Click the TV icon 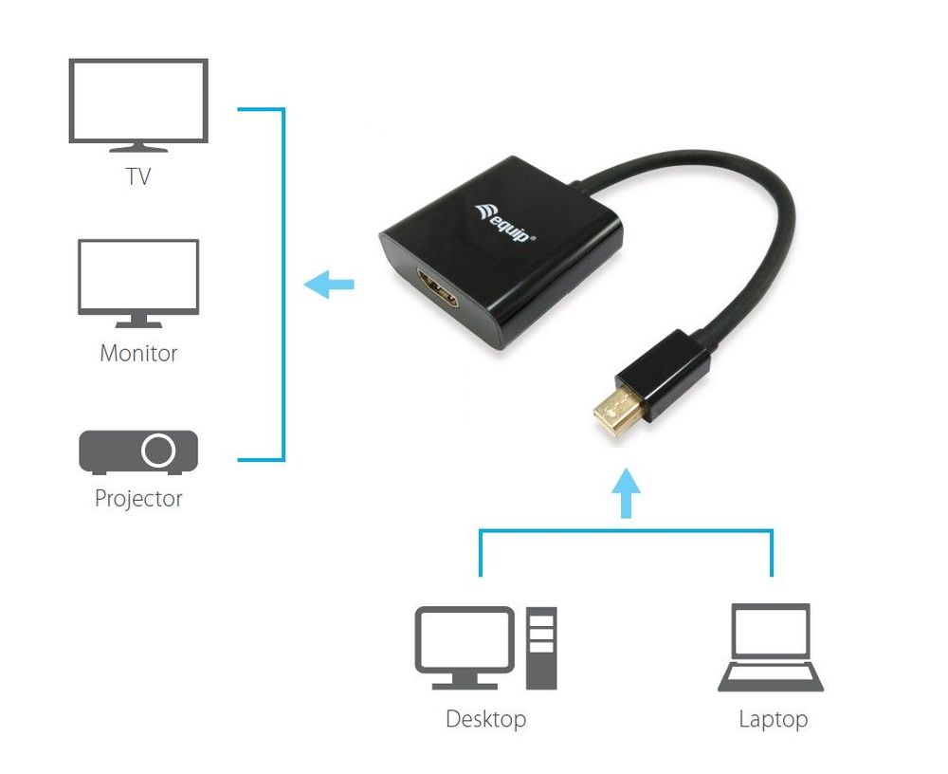pyautogui.click(x=138, y=102)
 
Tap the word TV pyautogui.click(x=138, y=177)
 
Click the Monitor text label pyautogui.click(x=138, y=354)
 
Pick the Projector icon pyautogui.click(x=138, y=452)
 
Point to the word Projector pyautogui.click(x=138, y=498)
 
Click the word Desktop pyautogui.click(x=485, y=719)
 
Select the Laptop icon pyautogui.click(x=771, y=649)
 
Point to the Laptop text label pyautogui.click(x=773, y=719)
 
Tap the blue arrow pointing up pyautogui.click(x=625, y=492)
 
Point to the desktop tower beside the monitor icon pyautogui.click(x=542, y=649)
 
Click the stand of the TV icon pyautogui.click(x=138, y=147)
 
